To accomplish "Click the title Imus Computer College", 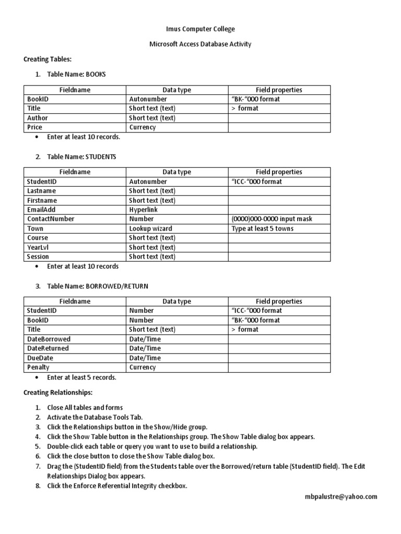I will pos(200,29).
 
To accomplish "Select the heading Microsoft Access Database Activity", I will pos(200,44).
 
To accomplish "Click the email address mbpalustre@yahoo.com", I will pos(341,497).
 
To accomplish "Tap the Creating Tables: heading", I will pos(48,59).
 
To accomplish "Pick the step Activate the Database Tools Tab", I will pos(95,417).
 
